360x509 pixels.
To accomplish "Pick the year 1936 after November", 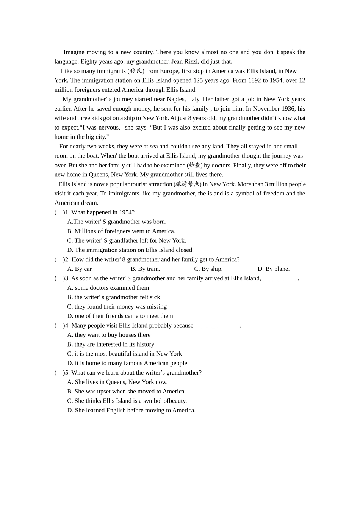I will click(287, 109).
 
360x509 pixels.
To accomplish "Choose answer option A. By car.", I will click(80, 269).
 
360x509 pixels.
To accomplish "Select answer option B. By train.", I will click(145, 269).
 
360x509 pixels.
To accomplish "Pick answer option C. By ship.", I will click(208, 269).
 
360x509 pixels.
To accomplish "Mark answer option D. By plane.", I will click(273, 269).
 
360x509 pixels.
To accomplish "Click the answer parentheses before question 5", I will click(59, 373).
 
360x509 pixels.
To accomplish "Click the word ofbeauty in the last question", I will click(175, 401).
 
